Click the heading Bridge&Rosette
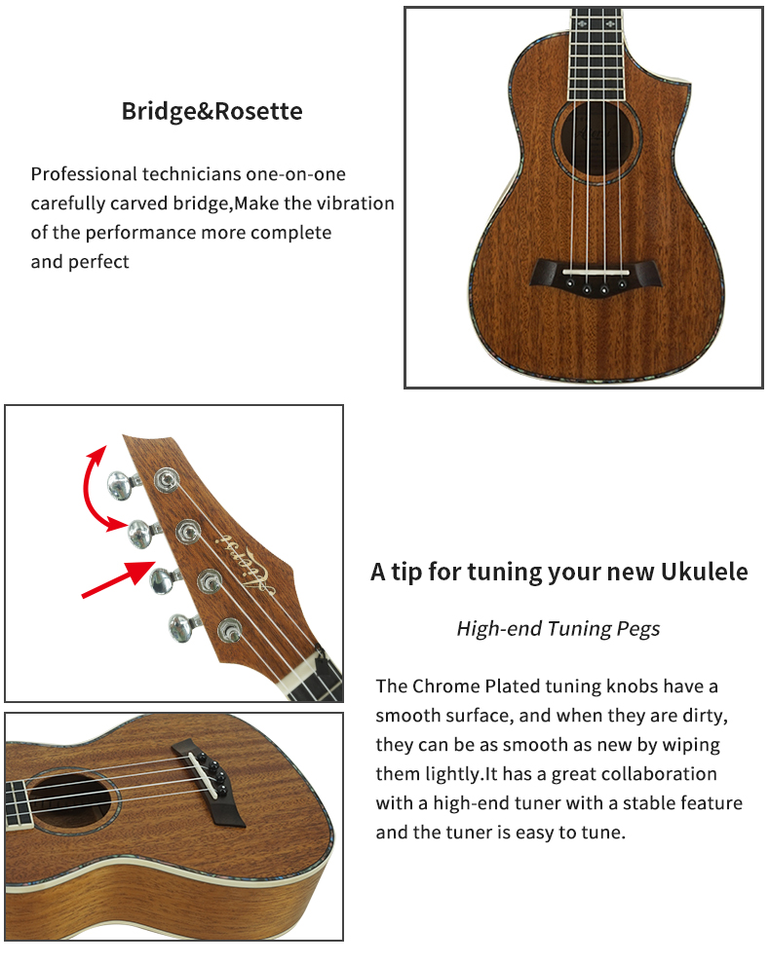(212, 111)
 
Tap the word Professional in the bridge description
(85, 174)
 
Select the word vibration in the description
(355, 203)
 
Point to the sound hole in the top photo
(597, 141)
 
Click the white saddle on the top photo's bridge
(596, 272)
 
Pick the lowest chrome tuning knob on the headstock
(183, 627)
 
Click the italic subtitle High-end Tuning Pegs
(558, 628)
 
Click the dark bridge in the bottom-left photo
(208, 783)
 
